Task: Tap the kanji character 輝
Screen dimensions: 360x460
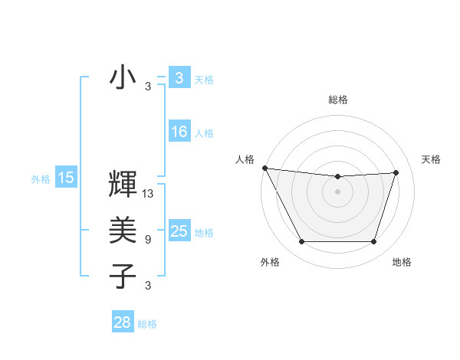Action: [123, 186]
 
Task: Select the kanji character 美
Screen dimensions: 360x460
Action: [123, 230]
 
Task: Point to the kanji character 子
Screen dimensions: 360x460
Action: [123, 276]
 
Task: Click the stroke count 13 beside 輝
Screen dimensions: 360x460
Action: [149, 195]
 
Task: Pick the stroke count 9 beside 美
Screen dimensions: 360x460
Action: [148, 240]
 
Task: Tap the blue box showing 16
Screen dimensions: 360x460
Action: [179, 132]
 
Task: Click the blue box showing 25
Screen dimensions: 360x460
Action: [179, 231]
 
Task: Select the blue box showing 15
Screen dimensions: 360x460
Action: [66, 178]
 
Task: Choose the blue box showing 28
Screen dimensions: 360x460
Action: [123, 322]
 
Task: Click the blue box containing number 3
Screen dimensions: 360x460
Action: [179, 77]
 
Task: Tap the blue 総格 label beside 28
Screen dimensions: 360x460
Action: [147, 324]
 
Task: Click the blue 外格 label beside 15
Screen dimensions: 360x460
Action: [41, 179]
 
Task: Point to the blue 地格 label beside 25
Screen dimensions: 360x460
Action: [205, 232]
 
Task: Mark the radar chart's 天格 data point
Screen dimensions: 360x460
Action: [396, 172]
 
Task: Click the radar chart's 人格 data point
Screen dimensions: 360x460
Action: [264, 168]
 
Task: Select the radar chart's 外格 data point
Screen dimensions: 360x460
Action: [301, 242]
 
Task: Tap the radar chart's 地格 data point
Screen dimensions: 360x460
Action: [374, 242]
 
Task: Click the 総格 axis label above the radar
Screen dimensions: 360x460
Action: [338, 100]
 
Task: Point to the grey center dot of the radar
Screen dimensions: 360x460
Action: [338, 191]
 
